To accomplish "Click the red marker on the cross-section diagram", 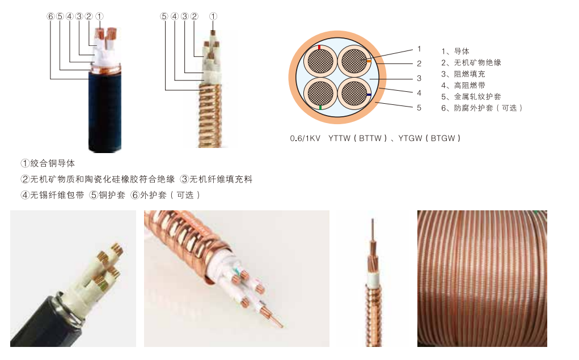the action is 319,48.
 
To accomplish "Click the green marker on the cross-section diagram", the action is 320,108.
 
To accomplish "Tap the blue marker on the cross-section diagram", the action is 369,95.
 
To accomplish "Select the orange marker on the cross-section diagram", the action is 369,61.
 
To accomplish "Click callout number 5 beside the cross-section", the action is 419,108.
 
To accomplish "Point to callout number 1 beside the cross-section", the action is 419,49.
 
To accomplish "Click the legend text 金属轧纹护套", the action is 477,97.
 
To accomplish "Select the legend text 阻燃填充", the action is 470,74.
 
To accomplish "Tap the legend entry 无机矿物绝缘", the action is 477,62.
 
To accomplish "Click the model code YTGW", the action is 410,138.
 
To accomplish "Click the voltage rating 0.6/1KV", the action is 305,138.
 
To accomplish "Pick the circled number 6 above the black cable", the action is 50,16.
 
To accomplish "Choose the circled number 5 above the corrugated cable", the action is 164,16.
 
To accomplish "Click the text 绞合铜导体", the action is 52,163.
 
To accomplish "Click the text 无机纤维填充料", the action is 221,179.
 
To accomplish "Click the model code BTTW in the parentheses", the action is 370,138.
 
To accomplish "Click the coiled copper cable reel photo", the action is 482,278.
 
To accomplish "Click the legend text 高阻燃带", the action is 470,85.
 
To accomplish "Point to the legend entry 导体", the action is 462,51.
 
